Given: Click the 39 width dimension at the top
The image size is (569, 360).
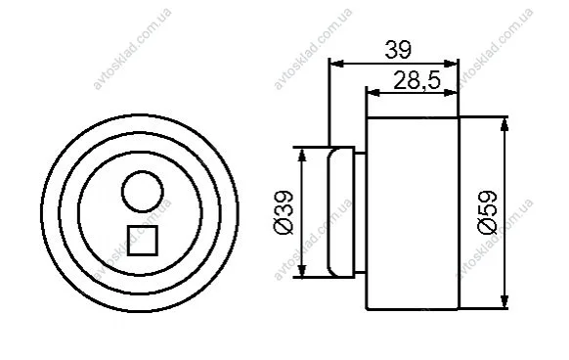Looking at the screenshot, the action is [x=398, y=50].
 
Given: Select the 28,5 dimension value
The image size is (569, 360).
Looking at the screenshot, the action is [x=416, y=80].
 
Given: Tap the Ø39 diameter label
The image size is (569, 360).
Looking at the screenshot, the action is [x=284, y=212].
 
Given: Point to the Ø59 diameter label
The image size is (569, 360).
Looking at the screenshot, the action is [x=487, y=212].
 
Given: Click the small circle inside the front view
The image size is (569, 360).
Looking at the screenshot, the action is [x=143, y=192].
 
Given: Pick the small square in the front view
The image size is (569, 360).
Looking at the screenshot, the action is [x=143, y=241].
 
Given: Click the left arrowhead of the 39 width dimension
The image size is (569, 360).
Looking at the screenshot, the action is [x=336, y=64].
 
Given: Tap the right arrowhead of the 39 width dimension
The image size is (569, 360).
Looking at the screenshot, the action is [x=452, y=64].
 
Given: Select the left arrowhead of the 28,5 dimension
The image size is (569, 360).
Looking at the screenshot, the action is [x=374, y=93].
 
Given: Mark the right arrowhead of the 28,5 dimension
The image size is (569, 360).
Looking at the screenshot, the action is [x=452, y=93].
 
